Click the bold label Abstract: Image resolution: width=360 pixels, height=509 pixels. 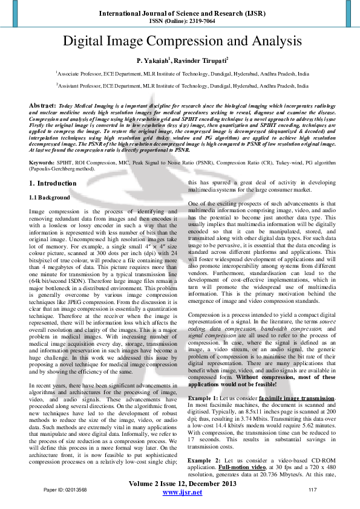(x=42, y=105)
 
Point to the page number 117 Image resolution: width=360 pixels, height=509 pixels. (x=313, y=489)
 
